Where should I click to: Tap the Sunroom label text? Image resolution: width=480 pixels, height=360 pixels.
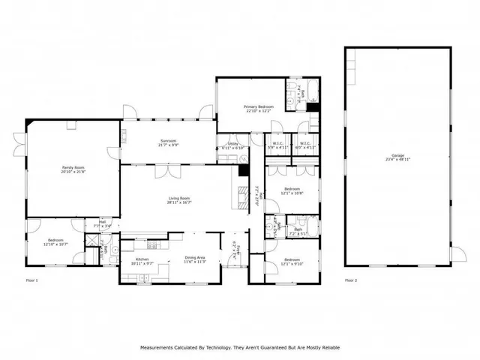point(167,140)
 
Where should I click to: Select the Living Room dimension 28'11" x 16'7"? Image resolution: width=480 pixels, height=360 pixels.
point(180,202)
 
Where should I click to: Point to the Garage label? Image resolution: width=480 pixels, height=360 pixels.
point(397,156)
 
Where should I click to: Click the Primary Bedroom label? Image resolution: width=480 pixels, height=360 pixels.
point(259,106)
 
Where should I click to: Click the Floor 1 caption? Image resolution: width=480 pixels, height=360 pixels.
point(31,280)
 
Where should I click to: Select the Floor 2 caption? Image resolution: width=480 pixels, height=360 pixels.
point(351,280)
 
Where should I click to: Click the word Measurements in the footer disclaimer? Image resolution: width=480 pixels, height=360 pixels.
point(154,347)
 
